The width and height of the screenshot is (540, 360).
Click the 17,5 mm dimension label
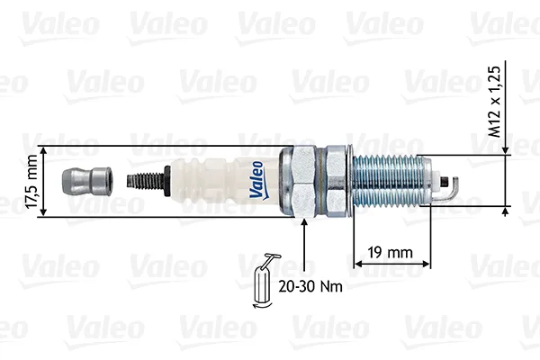31,182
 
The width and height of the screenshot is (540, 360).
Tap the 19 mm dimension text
391,253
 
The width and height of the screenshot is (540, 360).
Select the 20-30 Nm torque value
310,286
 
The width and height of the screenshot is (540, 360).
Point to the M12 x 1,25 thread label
494,102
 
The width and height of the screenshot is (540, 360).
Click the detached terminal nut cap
86,181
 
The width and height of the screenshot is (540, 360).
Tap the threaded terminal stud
145,181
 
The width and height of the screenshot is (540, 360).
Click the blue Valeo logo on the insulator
257,181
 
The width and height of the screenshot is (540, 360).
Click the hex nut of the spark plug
304,182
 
